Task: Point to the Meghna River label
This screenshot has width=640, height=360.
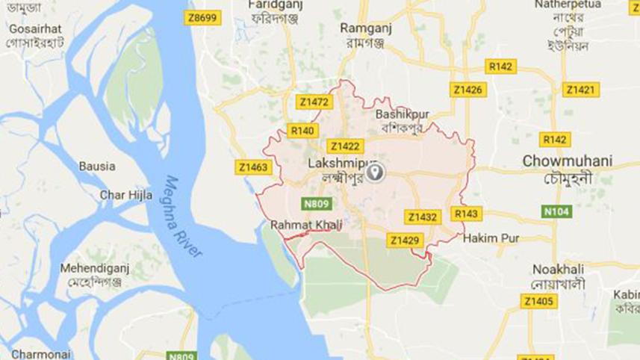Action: click(184, 217)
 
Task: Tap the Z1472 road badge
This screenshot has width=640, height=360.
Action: click(314, 102)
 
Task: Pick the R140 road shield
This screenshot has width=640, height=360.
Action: click(302, 131)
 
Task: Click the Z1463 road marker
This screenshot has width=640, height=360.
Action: click(252, 167)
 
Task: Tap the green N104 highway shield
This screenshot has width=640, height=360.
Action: click(556, 211)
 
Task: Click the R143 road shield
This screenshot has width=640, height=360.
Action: click(467, 214)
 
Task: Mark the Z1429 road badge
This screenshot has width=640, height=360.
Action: click(406, 240)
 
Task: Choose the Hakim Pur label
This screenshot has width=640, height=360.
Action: click(491, 238)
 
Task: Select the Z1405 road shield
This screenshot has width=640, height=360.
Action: click(538, 301)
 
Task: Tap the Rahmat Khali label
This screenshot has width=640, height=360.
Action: click(300, 224)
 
